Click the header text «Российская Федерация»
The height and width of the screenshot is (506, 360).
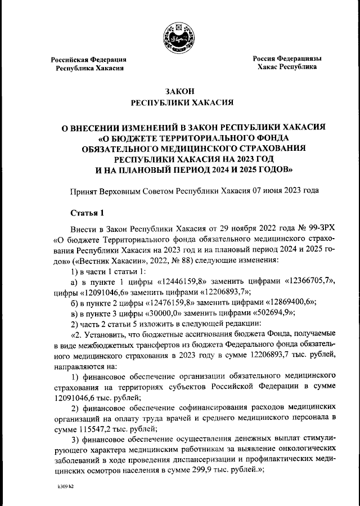coord(89,60)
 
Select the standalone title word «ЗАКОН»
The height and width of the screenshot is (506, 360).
coord(179,92)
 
